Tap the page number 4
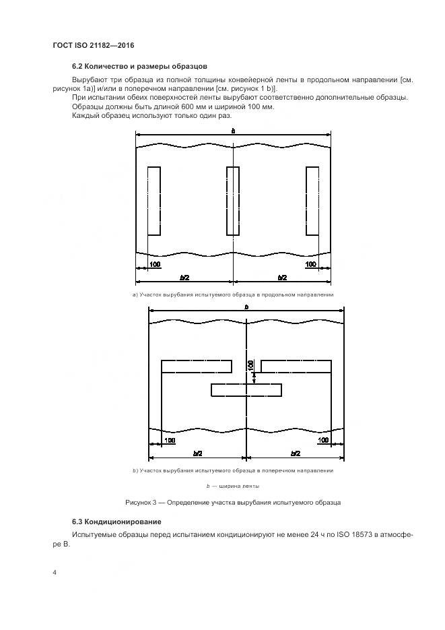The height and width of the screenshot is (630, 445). (x=54, y=573)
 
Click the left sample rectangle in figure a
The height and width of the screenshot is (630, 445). (x=153, y=201)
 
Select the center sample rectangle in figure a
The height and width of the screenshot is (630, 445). (x=233, y=201)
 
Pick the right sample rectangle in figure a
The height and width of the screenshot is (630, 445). (x=312, y=201)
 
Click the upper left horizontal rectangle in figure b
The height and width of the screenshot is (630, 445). (x=197, y=366)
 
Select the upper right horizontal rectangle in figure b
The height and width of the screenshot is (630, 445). (x=296, y=366)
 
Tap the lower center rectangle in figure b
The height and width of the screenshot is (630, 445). (x=246, y=389)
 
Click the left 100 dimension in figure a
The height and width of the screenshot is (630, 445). (x=155, y=264)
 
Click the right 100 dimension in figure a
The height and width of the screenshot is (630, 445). (x=310, y=264)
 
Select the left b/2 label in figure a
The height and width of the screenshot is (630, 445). (x=184, y=277)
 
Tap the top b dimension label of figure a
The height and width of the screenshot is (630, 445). (x=233, y=131)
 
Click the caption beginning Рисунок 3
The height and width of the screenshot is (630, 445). (x=233, y=503)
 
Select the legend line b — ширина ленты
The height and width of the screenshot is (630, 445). (x=233, y=486)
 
